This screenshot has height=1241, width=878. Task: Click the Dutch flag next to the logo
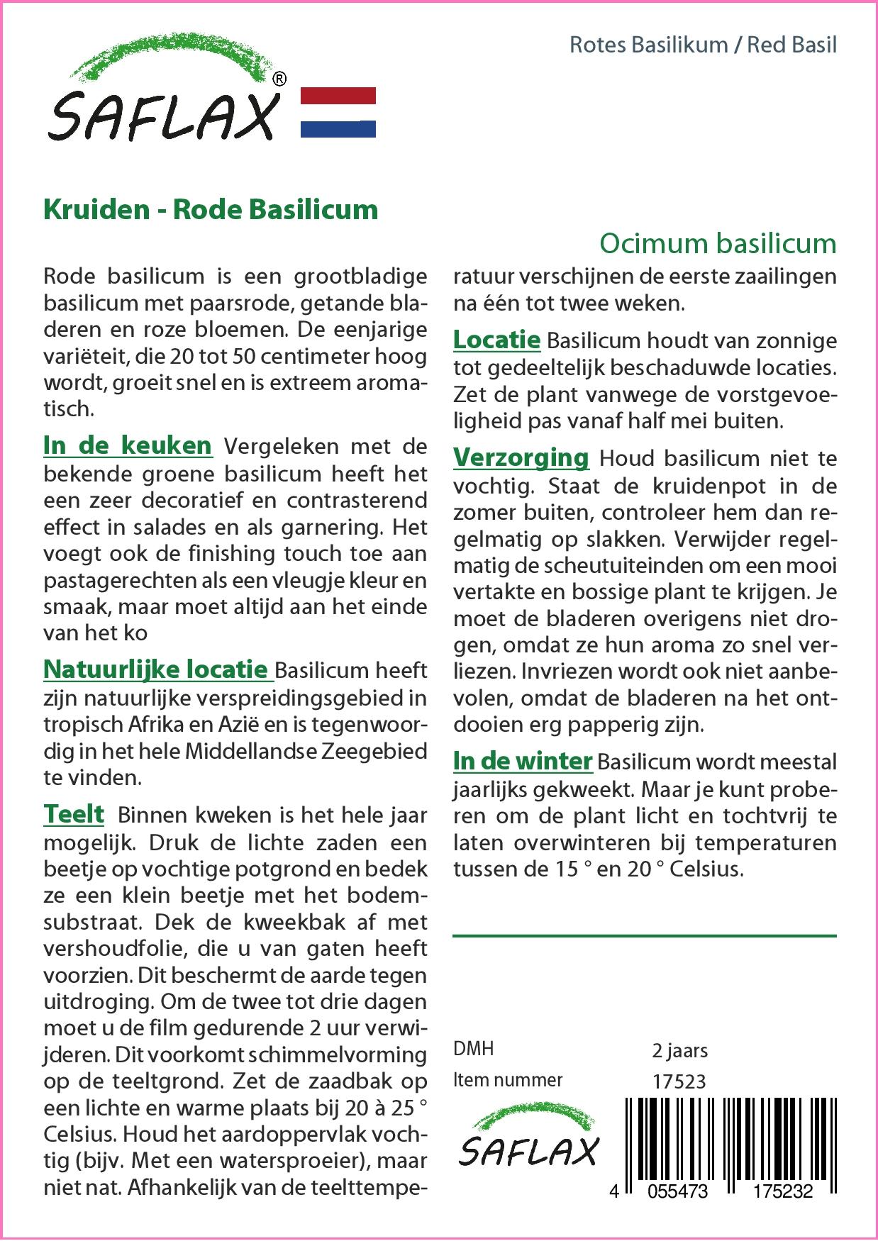(x=338, y=112)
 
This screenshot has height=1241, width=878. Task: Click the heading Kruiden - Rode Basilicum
(x=211, y=210)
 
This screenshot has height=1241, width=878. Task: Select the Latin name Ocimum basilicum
(x=718, y=243)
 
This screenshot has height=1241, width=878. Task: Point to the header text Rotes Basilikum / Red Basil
(x=703, y=45)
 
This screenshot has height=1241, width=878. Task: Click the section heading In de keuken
(x=128, y=445)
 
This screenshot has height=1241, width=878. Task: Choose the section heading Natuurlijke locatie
(x=156, y=669)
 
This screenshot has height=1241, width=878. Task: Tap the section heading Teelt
(x=74, y=814)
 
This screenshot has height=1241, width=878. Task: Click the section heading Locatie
(x=496, y=340)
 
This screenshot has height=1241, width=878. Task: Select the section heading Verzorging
(x=521, y=457)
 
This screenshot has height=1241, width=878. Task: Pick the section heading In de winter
(x=523, y=761)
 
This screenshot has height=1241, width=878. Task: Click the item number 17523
(x=679, y=1081)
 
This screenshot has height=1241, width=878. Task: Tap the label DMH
(x=473, y=1049)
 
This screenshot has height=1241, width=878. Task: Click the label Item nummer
(x=508, y=1080)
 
